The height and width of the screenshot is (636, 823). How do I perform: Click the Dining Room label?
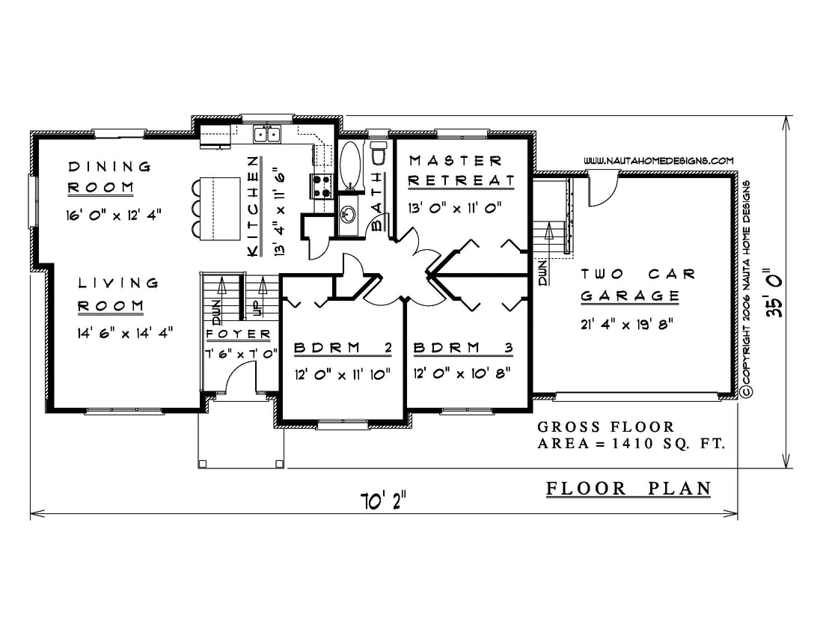tap(109, 177)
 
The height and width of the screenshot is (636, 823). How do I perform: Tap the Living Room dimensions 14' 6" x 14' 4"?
tap(125, 333)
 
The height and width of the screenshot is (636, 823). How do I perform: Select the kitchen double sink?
tap(267, 135)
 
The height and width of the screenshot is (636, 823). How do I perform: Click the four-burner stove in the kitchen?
tap(322, 186)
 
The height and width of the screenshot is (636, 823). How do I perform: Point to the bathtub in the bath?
tap(350, 165)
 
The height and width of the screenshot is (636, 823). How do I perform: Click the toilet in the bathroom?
tap(378, 153)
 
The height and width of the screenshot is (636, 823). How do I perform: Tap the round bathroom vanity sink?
tap(347, 214)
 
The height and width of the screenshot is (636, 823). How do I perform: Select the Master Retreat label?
tap(462, 171)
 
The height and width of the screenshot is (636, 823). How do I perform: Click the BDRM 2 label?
tap(342, 347)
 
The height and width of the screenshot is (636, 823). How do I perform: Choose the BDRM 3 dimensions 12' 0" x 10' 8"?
tap(462, 373)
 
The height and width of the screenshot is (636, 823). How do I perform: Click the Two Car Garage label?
tap(637, 284)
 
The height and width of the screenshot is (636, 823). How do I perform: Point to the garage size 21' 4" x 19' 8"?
tap(627, 324)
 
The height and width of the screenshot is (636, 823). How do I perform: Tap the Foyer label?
tap(238, 334)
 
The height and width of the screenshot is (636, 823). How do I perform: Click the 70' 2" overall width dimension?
tap(383, 501)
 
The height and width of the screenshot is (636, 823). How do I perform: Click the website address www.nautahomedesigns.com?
tap(658, 161)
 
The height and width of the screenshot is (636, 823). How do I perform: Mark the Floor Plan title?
tap(628, 489)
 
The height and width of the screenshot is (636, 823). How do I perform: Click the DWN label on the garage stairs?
tap(543, 273)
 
